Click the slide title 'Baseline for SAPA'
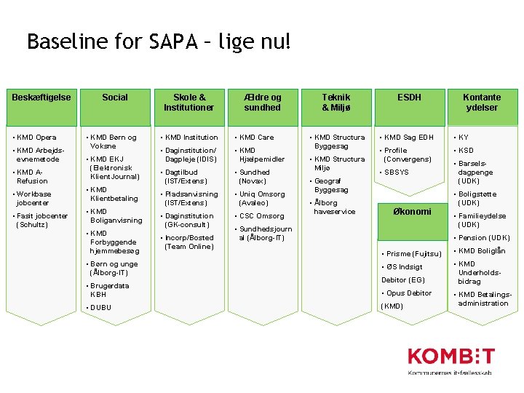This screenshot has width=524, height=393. tap(158, 41)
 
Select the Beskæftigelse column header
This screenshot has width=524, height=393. tap(41, 98)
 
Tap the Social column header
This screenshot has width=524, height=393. tap(115, 98)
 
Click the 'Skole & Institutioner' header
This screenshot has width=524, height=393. tap(188, 102)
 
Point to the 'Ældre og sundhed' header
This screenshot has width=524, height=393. tap(262, 102)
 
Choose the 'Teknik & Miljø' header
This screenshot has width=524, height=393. tap(336, 102)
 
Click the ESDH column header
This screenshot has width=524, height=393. tap(409, 98)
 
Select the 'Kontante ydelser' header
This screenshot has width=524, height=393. tap(482, 102)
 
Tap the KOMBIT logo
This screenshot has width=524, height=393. tap(450, 361)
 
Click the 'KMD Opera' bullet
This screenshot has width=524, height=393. tap(36, 138)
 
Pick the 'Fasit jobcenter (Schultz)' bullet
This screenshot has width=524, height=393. tap(42, 221)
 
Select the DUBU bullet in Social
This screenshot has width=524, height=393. tap(101, 308)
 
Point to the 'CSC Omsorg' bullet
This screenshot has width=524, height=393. tap(261, 216)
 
